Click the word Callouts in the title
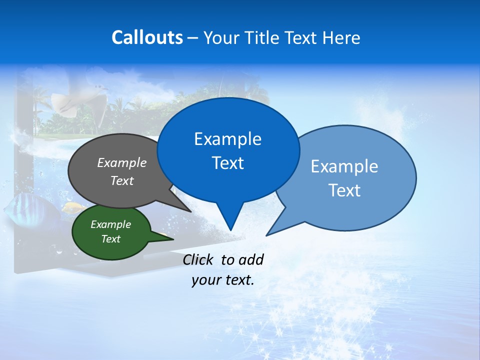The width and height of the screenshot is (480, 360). pyautogui.click(x=147, y=37)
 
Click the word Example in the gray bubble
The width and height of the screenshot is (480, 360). pyautogui.click(x=122, y=162)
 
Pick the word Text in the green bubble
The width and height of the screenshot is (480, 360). pyautogui.click(x=111, y=239)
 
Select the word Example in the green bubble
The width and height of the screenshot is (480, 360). pyautogui.click(x=111, y=224)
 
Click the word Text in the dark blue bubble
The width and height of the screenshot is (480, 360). pyautogui.click(x=228, y=163)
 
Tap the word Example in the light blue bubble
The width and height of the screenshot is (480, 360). pyautogui.click(x=344, y=166)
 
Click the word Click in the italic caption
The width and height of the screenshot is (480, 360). pyautogui.click(x=198, y=259)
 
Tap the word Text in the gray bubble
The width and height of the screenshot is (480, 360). pyautogui.click(x=122, y=180)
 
